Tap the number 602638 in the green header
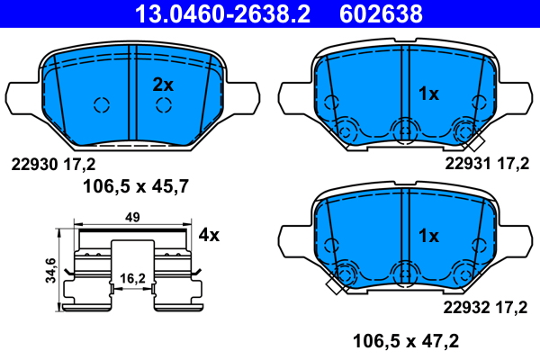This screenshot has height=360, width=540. coord(380,13)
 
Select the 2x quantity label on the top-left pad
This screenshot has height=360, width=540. coord(162,85)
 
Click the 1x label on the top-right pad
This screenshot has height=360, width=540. coord(429,93)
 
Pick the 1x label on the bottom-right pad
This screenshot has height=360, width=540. coord(429,236)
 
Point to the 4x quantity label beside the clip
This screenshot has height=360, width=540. coord(209,236)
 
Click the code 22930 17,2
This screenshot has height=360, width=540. coord(52,164)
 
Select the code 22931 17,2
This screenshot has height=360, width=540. coord(486,164)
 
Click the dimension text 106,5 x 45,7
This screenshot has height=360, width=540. coord(130,187)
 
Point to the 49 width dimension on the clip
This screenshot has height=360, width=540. coord(131,217)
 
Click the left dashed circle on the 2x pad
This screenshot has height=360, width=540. coord(101,104)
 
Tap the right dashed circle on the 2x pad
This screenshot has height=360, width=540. coord(163,104)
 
